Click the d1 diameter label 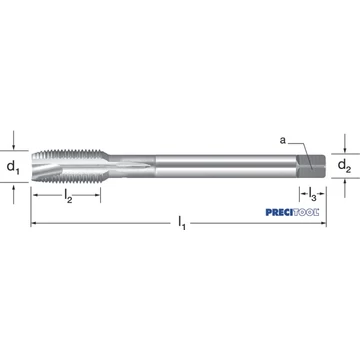coord(13,167)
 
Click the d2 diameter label coord(345,166)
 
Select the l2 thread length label coord(68,196)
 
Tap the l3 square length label coord(312,194)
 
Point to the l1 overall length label coord(181,223)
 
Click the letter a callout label coord(283,140)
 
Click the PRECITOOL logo coord(292,212)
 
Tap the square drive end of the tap coord(311,166)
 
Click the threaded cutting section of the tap coord(69,166)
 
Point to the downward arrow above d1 coord(13,140)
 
